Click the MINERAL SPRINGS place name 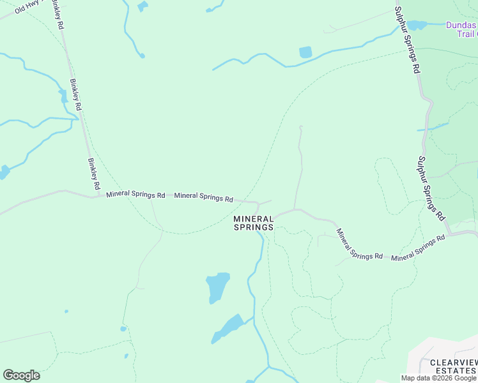pos(254,223)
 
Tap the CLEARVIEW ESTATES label pos(453,366)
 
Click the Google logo pos(21,375)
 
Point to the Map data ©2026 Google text pos(438,378)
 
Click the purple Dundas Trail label pos(461,29)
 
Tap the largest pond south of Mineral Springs pos(217,287)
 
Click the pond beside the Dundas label pos(417,25)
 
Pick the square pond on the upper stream pos(305,52)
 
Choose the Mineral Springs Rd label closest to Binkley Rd pos(135,194)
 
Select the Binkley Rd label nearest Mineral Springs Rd pos(94,174)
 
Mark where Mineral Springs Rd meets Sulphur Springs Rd pos(451,234)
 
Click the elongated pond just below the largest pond pos(228,328)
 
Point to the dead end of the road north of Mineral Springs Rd pos(300,126)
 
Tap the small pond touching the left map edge pos(4,172)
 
